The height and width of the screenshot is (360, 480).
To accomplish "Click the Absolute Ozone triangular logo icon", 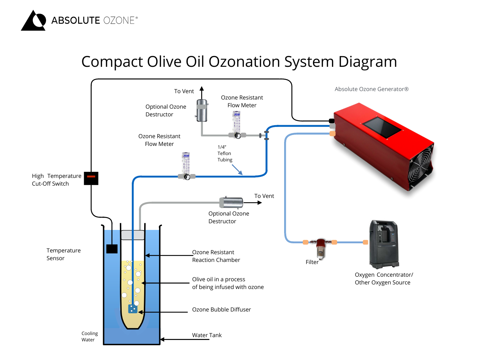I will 34,21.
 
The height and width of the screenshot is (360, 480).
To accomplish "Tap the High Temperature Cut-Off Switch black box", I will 91,178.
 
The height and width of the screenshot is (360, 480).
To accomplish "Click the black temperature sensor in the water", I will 112,249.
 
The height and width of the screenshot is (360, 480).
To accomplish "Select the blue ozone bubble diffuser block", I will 133,309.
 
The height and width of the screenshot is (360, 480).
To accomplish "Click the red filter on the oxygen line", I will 321,246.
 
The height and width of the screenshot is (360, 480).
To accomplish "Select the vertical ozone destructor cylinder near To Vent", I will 202,110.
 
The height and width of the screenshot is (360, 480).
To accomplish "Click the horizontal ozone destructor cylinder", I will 231,202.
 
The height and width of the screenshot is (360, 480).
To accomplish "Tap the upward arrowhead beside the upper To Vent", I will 202,89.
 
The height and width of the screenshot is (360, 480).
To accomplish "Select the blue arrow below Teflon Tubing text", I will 237,170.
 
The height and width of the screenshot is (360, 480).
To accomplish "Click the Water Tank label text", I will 207,335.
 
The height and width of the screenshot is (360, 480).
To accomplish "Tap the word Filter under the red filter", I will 312,262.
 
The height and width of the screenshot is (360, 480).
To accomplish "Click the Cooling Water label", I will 90,336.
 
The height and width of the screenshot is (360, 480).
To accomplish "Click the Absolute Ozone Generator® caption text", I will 371,89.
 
